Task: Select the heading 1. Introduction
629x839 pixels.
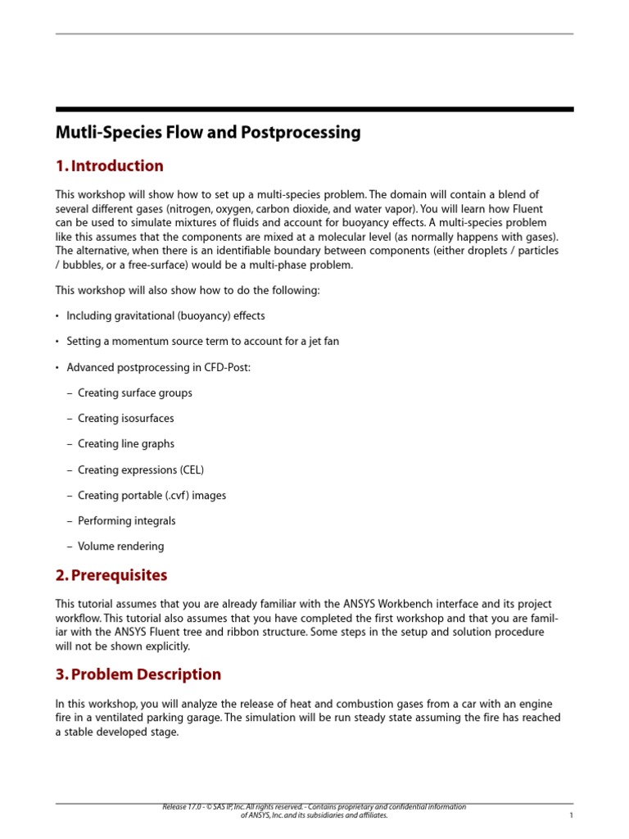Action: coord(109,166)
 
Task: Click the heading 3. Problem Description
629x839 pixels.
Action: coord(138,674)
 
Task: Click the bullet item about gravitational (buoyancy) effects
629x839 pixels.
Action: coord(165,315)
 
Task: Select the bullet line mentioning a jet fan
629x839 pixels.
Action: coord(202,341)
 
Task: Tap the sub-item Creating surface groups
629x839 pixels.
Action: coord(135,392)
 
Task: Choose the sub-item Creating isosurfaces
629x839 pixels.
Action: coord(125,418)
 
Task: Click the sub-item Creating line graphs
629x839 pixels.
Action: coord(126,443)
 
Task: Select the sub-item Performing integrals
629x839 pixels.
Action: coord(127,520)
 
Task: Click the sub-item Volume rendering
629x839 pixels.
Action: coord(120,546)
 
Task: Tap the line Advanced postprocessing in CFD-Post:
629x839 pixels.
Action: coord(159,367)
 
